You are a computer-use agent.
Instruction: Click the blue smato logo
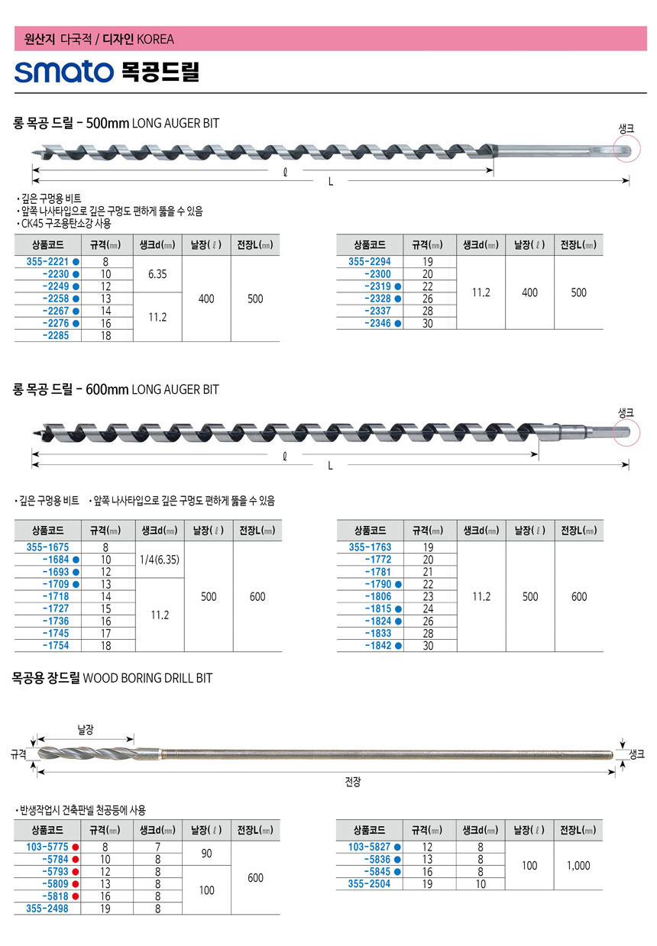(x=64, y=71)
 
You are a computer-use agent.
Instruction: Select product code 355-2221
(x=47, y=261)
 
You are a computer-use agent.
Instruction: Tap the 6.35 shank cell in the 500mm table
(x=157, y=274)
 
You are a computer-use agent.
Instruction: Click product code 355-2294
(x=369, y=261)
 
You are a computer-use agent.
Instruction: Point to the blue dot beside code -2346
(x=397, y=324)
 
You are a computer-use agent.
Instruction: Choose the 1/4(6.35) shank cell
(x=160, y=560)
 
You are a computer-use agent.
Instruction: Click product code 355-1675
(x=47, y=547)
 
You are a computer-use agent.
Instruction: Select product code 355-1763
(x=370, y=547)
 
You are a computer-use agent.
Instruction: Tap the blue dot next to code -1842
(x=398, y=646)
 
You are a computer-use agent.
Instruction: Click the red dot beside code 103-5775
(x=75, y=847)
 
